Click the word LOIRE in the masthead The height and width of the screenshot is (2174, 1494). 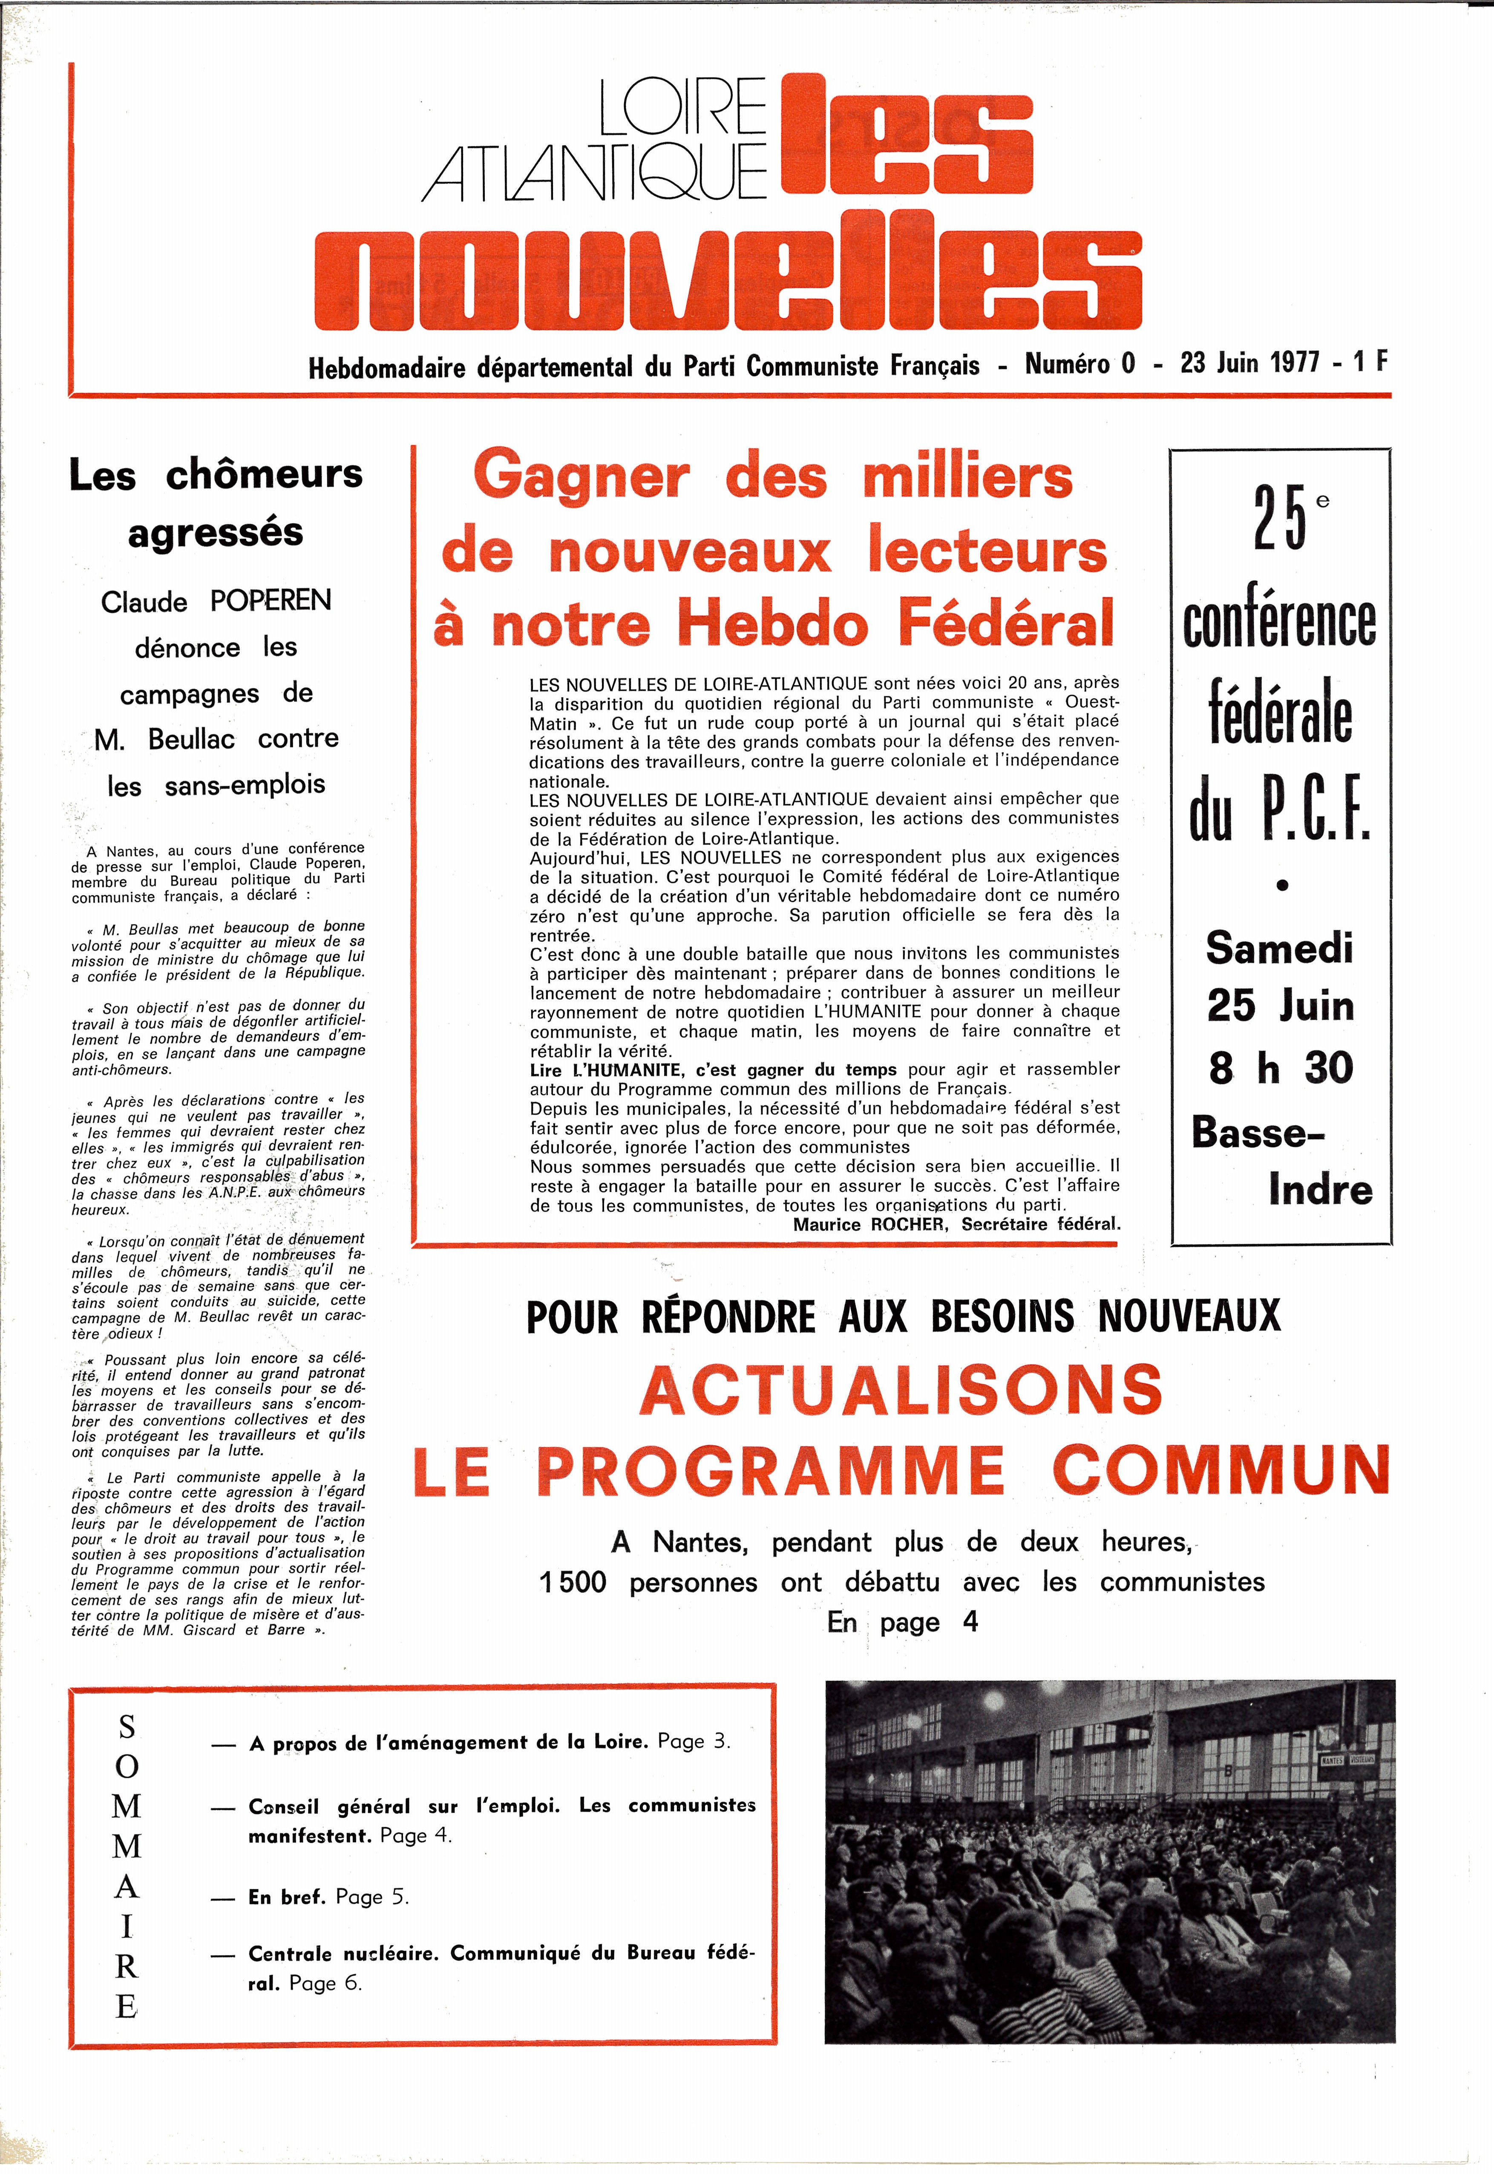pos(682,108)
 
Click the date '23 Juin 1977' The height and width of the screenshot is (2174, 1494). pos(1249,362)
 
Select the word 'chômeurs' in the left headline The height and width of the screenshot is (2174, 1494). pos(264,475)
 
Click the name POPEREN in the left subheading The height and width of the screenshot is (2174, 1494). pos(271,600)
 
